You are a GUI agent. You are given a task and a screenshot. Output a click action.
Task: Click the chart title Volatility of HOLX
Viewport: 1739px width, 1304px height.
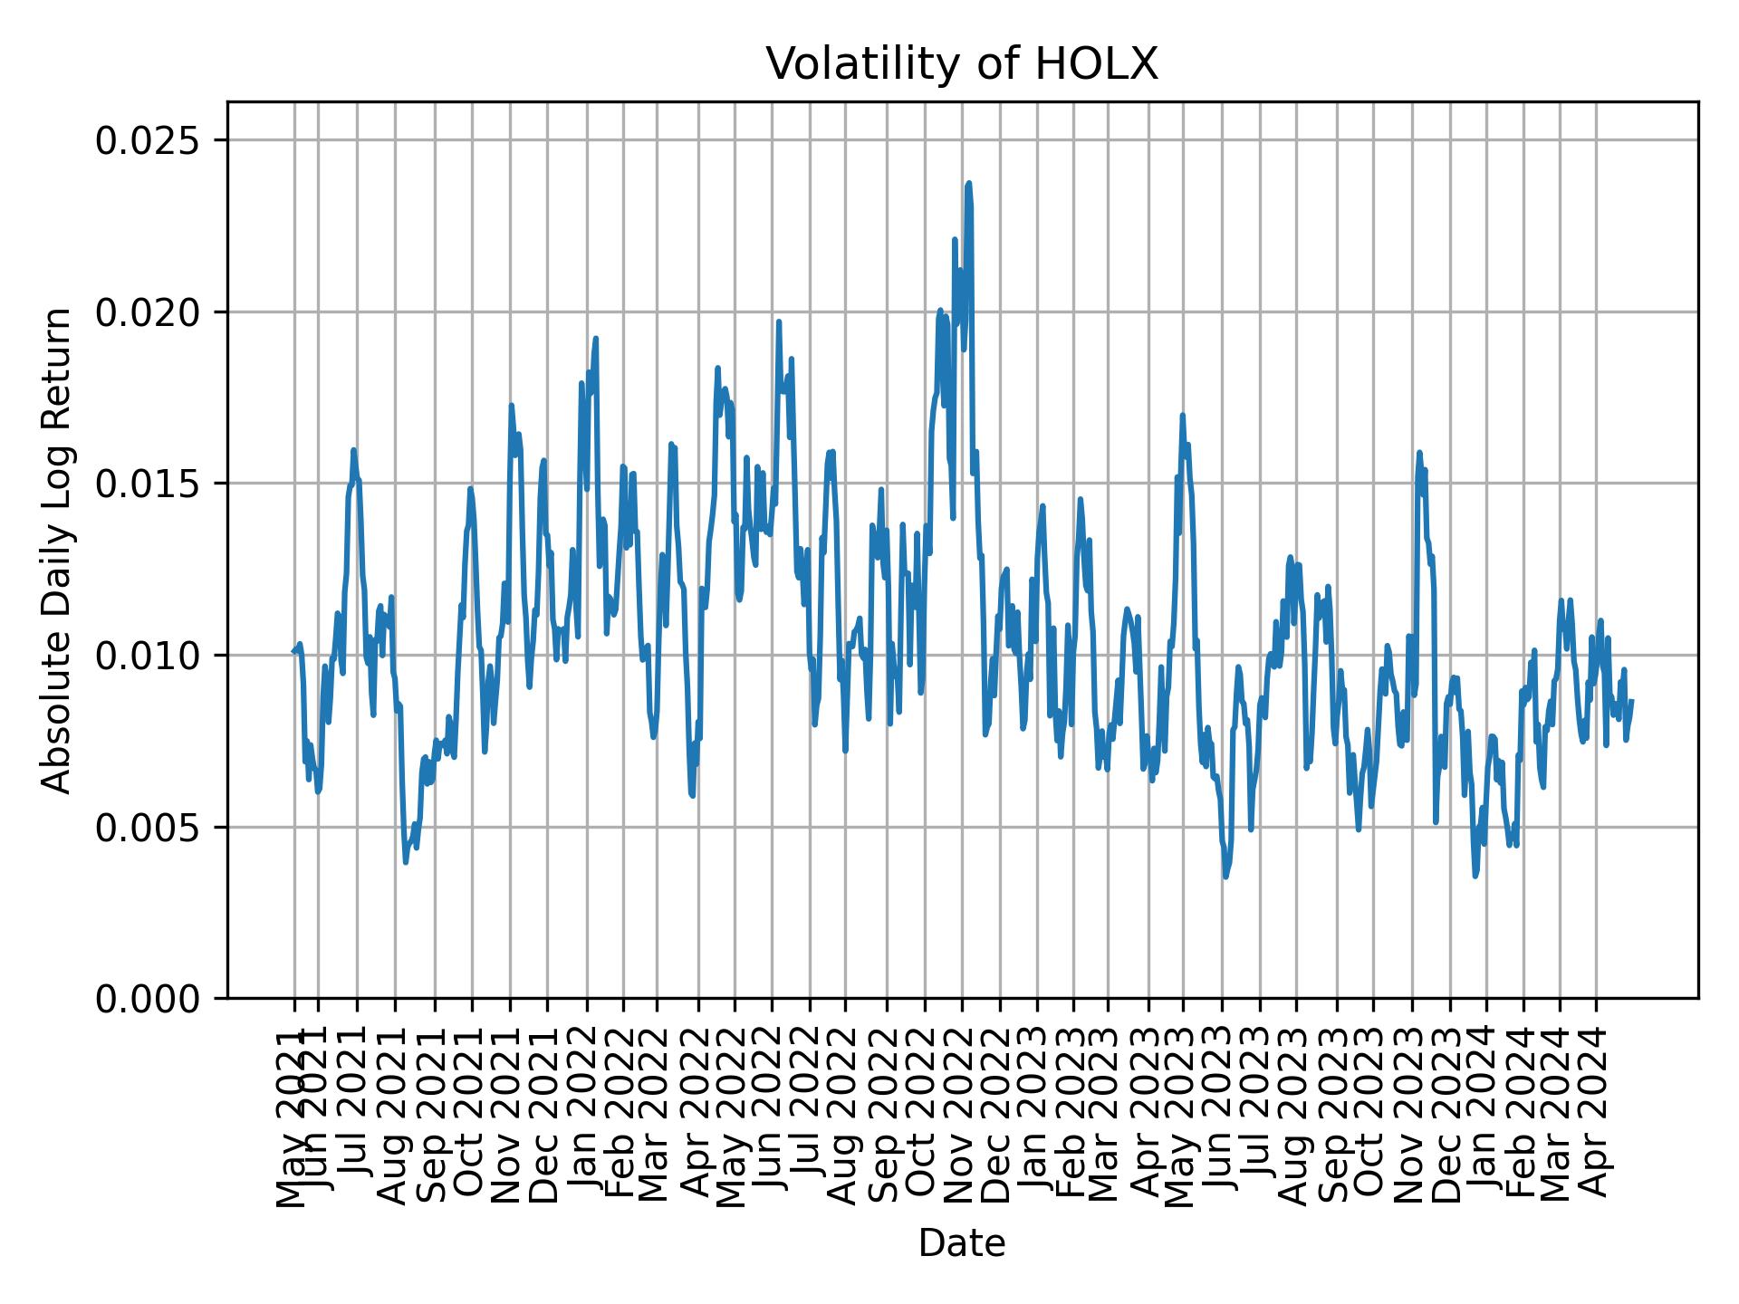[x=962, y=64]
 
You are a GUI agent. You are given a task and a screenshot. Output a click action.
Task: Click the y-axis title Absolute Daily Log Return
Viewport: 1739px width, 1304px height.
[x=58, y=550]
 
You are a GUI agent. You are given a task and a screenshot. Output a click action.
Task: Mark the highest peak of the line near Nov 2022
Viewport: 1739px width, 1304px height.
[x=968, y=183]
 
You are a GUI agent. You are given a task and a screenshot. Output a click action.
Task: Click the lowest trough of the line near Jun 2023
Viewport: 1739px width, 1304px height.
[x=1225, y=877]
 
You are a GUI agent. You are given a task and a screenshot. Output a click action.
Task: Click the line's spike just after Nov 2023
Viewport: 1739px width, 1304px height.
[x=1419, y=452]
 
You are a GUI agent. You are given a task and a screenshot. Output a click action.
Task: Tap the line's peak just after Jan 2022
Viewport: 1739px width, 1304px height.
[x=595, y=339]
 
